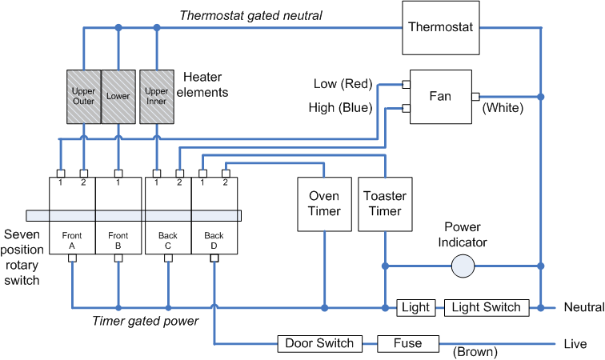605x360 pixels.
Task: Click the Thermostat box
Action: pos(440,27)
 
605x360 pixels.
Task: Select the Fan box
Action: pos(440,96)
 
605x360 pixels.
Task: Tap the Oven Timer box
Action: pos(324,203)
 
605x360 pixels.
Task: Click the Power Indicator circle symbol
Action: pos(463,266)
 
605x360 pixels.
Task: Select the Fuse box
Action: pos(408,344)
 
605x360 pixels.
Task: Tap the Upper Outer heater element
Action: pos(83,97)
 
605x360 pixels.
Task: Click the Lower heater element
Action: pos(118,97)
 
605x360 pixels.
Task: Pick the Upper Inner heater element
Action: pos(156,97)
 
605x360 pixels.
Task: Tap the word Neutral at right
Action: pos(583,307)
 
